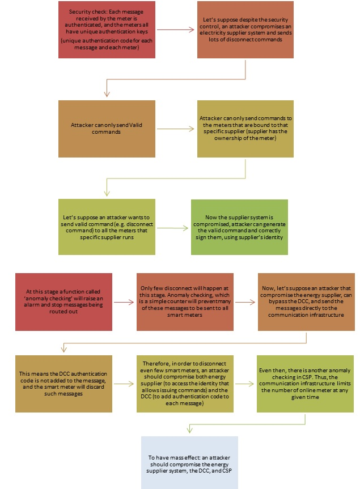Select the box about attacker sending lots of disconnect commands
(245, 29)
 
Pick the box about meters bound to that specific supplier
(245, 129)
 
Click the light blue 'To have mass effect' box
(189, 462)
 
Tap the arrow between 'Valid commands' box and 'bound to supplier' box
(176, 129)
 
